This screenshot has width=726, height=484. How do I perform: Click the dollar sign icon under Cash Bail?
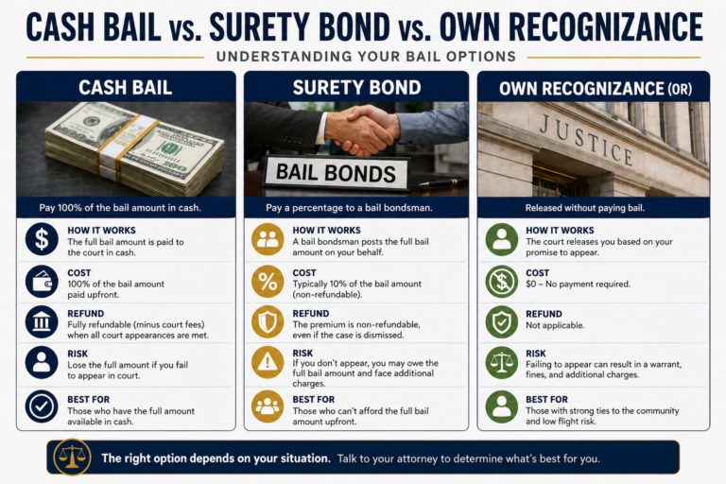pos(42,239)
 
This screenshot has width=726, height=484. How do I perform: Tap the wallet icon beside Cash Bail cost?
pos(42,281)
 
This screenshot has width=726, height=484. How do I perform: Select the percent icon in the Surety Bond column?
pos(268,281)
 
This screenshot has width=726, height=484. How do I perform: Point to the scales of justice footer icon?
pos(72,458)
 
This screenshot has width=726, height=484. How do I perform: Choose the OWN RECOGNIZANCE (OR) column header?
pos(593,88)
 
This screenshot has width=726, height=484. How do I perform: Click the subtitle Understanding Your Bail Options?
pos(362,57)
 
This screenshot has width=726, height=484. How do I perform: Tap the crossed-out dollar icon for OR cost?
pos(501,281)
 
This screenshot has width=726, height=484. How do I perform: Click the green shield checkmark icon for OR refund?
pos(501,321)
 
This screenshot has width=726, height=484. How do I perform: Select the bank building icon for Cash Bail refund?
pos(42,321)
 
